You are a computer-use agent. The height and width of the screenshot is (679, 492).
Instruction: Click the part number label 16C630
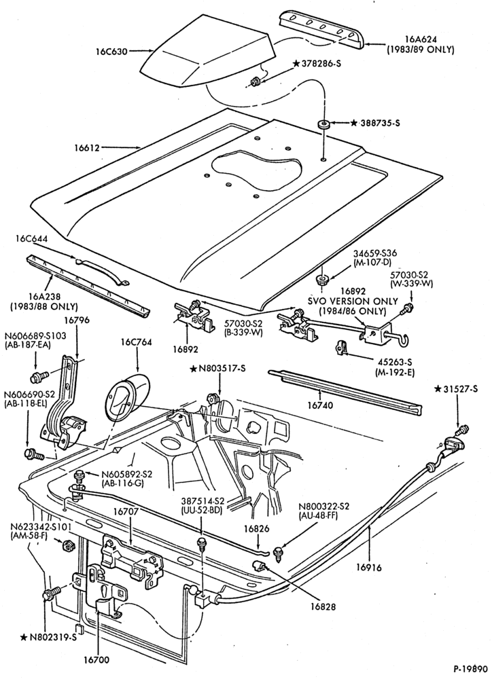[x=112, y=52]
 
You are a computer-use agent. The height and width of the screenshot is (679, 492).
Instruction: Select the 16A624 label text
[x=421, y=40]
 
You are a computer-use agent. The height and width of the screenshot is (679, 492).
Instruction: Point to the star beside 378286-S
[x=296, y=63]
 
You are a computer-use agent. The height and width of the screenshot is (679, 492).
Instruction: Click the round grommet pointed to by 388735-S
[x=323, y=124]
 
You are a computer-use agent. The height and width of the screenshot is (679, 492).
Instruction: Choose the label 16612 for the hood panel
[x=86, y=147]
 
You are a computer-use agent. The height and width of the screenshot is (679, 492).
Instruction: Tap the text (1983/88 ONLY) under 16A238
[x=43, y=307]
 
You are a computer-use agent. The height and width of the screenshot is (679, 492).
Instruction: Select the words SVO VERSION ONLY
[x=353, y=301]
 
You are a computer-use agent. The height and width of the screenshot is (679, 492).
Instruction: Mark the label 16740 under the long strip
[x=320, y=405]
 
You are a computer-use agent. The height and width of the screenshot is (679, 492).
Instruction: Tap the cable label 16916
[x=370, y=567]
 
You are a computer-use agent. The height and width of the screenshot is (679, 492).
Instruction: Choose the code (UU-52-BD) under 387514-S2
[x=202, y=511]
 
